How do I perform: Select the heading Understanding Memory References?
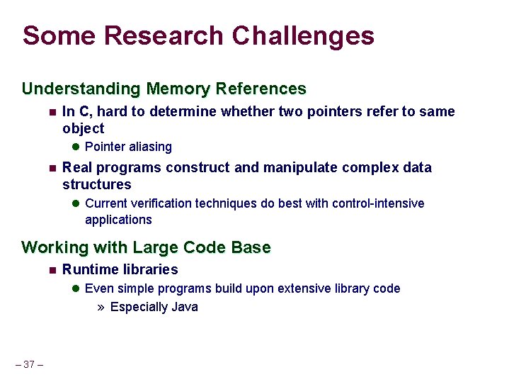click(x=164, y=89)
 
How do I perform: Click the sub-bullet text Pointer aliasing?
click(x=128, y=147)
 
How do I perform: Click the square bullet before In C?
click(x=52, y=112)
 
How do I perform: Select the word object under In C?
click(x=83, y=128)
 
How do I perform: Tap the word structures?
click(x=96, y=184)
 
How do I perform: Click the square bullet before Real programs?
click(x=52, y=168)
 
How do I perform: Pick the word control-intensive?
click(x=379, y=203)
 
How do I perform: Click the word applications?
click(x=118, y=220)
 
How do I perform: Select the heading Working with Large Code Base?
click(x=146, y=247)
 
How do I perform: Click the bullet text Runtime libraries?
click(x=120, y=269)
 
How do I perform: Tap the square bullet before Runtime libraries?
click(x=52, y=270)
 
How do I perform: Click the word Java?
click(x=184, y=307)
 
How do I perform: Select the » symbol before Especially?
click(x=101, y=308)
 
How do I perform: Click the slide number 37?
click(x=29, y=364)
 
